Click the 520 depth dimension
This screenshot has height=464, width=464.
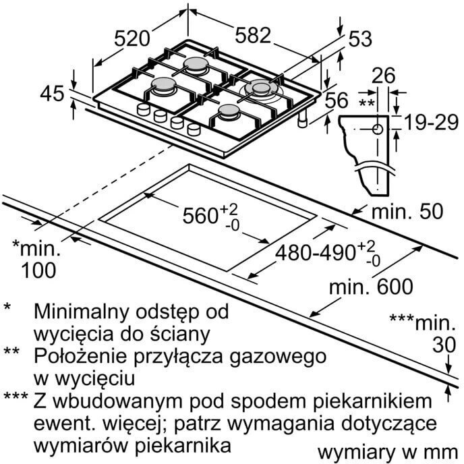tap(132, 38)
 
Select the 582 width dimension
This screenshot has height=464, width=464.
tap(253, 35)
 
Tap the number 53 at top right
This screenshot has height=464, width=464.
tap(360, 38)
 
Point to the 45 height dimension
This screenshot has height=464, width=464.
tap(52, 94)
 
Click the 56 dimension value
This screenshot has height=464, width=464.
tap(337, 100)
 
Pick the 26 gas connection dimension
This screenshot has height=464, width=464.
tap(384, 76)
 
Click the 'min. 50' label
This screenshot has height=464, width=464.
tap(407, 211)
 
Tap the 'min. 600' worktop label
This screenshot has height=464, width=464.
tap(371, 286)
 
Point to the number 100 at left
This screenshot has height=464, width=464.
tap(38, 270)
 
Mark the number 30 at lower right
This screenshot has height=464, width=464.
tap(444, 345)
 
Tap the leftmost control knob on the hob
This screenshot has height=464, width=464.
tap(144, 109)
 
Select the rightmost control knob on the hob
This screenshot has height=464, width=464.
tap(194, 129)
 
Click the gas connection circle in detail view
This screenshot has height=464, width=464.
tap(377, 129)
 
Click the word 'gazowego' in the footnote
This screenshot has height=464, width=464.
tap(278, 357)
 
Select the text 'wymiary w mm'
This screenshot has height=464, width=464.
tap(388, 453)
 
